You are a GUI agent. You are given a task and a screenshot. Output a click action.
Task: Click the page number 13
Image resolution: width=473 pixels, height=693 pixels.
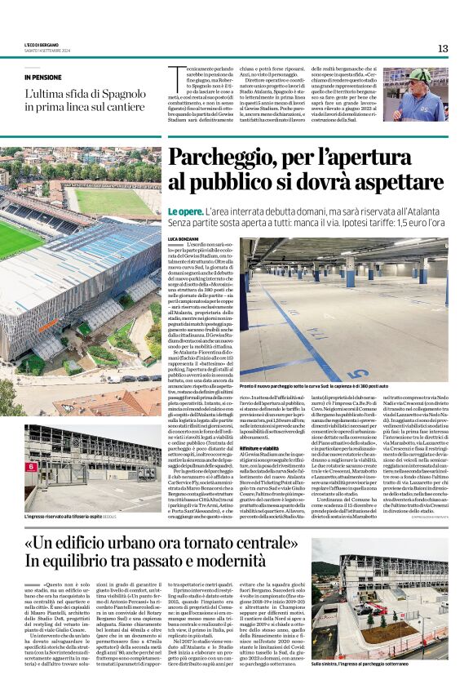click(x=442, y=48)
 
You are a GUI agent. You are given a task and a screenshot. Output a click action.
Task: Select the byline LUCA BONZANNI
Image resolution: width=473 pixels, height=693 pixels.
click(x=184, y=238)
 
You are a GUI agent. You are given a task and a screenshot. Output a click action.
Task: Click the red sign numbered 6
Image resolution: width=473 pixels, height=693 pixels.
click(x=31, y=466)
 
